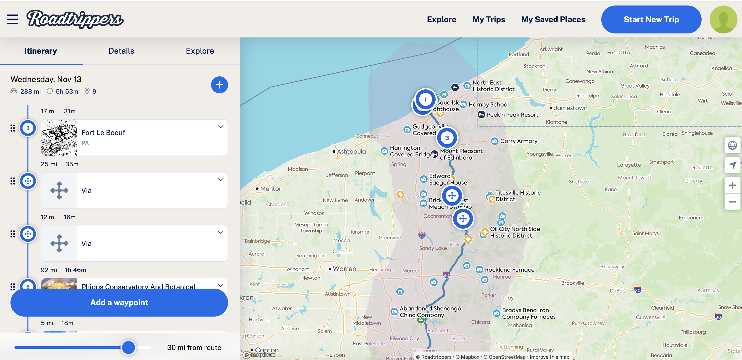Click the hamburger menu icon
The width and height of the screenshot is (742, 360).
coord(12,19)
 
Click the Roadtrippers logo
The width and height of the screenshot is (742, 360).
coord(75,19)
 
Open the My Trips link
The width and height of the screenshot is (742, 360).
coord(489,19)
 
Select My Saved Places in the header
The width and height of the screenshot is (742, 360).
coord(553,19)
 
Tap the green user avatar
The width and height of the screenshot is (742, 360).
coord(723,19)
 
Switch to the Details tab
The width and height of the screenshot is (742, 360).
coord(121,51)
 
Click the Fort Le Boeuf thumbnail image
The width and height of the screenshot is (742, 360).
coord(59,138)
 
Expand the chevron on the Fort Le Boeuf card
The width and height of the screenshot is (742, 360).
coord(220,127)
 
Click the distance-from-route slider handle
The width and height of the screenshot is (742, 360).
coord(128,347)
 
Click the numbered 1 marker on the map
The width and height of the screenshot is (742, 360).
coord(425,99)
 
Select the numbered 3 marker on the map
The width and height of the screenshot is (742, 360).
coord(447,138)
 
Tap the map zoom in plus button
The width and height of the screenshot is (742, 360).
coord(732,185)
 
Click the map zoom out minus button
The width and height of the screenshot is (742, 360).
coord(732,202)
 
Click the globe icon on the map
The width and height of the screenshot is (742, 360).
coord(732,145)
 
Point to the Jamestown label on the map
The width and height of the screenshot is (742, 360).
coord(570,108)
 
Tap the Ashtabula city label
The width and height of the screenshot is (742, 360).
coord(351,151)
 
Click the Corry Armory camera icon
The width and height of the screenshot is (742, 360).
coord(495,141)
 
